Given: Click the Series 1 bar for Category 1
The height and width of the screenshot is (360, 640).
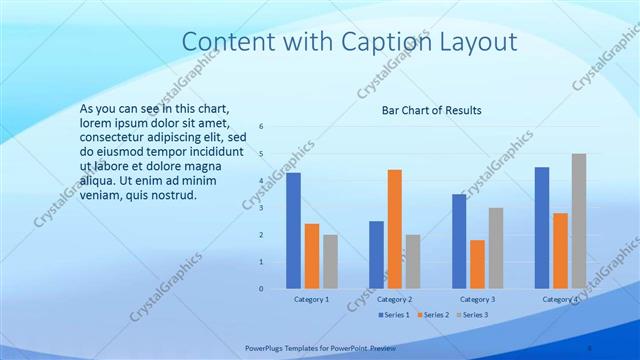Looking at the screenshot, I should [x=293, y=231].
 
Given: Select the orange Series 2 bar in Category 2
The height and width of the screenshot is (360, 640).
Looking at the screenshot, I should [x=394, y=229].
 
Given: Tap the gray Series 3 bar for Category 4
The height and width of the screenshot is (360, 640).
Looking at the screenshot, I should [x=579, y=221].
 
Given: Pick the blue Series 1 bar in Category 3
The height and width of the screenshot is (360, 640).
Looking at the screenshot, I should [x=459, y=241].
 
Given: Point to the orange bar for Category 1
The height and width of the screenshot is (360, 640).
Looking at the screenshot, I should [x=312, y=256].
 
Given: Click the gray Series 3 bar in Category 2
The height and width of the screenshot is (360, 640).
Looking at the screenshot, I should [x=413, y=261].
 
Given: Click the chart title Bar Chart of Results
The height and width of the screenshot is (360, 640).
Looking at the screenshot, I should [x=432, y=110].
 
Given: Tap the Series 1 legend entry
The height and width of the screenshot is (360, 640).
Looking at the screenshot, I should [x=394, y=315].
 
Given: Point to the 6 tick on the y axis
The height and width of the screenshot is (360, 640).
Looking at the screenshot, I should [x=260, y=127].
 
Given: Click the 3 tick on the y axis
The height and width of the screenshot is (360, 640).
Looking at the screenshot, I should [x=260, y=208].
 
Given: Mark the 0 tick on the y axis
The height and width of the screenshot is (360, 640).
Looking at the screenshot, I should [x=260, y=289].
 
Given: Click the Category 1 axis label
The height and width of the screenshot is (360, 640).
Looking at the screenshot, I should [x=312, y=299].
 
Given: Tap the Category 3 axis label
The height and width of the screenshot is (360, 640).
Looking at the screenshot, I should [x=478, y=299].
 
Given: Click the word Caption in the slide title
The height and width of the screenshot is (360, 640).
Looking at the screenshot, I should [x=378, y=42].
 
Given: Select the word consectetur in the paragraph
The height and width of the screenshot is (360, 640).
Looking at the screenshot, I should [x=117, y=137].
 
